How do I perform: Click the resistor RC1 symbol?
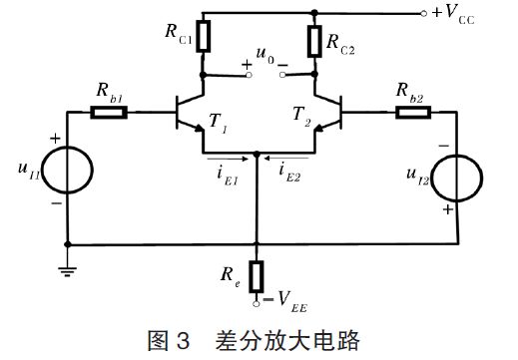tap(204, 37)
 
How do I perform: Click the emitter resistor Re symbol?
tap(257, 273)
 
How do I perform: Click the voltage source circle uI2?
tap(457, 178)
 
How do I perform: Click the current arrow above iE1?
tap(224, 157)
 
